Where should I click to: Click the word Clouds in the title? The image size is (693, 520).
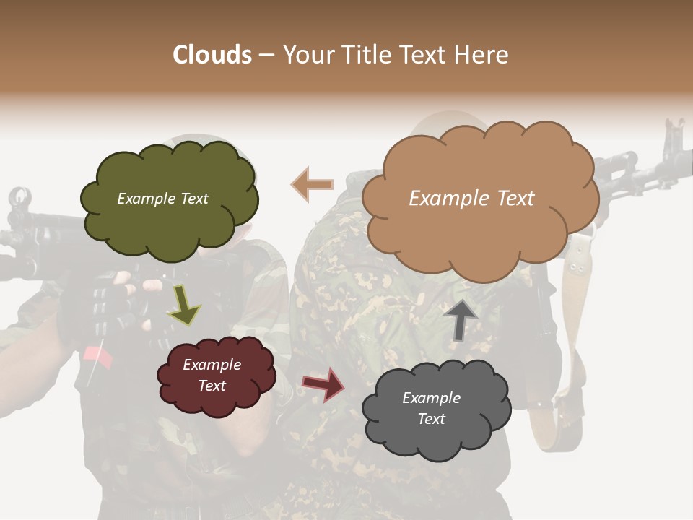point(212,55)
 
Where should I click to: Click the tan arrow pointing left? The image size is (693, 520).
point(312,184)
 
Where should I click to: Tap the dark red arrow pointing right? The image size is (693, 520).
point(323,383)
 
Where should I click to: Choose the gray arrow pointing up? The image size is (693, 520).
point(461,318)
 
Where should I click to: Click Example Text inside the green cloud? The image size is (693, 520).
point(162,199)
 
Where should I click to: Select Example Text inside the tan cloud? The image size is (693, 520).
point(471,199)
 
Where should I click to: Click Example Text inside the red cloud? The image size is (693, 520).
point(212,375)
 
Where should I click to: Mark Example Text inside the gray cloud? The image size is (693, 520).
point(431,408)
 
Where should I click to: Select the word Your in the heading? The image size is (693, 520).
point(309,55)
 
